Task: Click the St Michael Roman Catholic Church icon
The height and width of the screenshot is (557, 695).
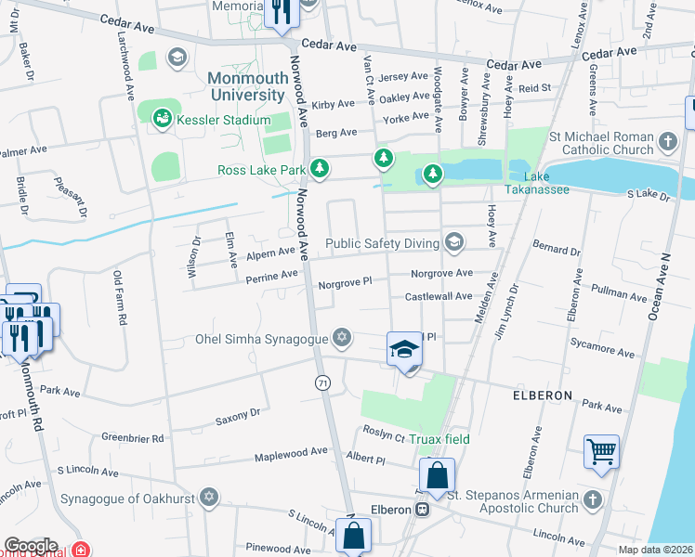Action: (667, 142)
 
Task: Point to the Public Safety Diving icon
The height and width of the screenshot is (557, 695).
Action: (453, 242)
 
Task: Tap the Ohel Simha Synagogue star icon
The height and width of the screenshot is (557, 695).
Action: (343, 336)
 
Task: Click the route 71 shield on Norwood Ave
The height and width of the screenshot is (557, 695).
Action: (322, 382)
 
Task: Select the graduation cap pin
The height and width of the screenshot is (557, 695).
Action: (404, 350)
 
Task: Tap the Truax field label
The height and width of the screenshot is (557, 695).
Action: (441, 439)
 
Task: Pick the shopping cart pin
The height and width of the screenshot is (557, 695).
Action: (601, 452)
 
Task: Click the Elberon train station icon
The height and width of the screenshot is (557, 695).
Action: (422, 509)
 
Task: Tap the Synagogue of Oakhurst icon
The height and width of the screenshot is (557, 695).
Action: (210, 499)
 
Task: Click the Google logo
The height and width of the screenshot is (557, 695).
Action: (31, 546)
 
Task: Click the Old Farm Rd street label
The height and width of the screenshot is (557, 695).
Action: (119, 297)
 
